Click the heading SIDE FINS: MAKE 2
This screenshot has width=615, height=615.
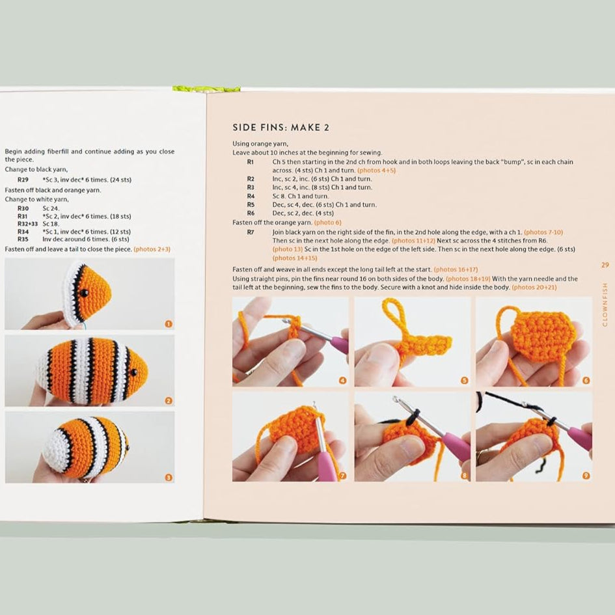click(x=281, y=128)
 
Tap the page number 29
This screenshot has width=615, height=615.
click(x=605, y=265)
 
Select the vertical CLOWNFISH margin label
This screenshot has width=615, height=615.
click(x=605, y=305)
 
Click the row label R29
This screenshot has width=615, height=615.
click(x=23, y=180)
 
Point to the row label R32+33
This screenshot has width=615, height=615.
click(x=27, y=224)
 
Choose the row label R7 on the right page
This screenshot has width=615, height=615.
click(x=251, y=232)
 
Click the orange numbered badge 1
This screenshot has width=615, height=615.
click(x=169, y=324)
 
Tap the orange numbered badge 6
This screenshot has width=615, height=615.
click(x=586, y=381)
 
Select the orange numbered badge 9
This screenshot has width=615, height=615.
click(x=586, y=476)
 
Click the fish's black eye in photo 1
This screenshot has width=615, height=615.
click(x=84, y=293)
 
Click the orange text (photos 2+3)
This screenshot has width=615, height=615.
click(x=152, y=249)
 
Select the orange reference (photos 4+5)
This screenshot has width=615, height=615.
click(x=377, y=171)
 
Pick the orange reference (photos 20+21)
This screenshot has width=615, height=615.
click(x=534, y=288)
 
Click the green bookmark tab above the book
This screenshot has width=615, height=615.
click(x=206, y=89)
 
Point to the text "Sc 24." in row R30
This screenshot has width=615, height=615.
click(x=51, y=208)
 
